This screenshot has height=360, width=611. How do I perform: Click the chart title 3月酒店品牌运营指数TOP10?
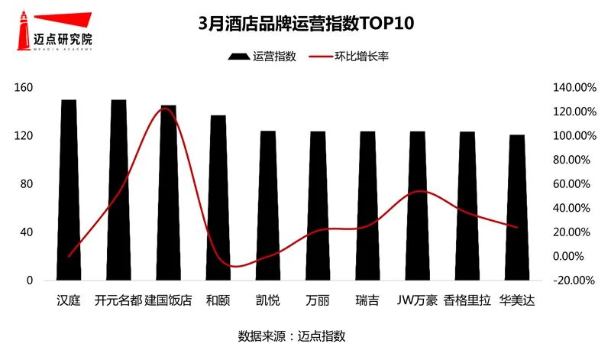pos(305,22)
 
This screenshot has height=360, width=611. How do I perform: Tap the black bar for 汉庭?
pos(69,191)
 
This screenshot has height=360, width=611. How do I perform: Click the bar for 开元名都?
pos(118,191)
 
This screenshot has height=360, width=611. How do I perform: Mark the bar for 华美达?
pos(517,206)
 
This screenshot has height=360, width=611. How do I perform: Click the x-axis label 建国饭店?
pos(168,300)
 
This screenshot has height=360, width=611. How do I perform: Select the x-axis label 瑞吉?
pos(367,300)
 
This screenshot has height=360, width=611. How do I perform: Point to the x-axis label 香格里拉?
pos(467,300)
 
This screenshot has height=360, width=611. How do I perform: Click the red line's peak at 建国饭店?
pos(166,109)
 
